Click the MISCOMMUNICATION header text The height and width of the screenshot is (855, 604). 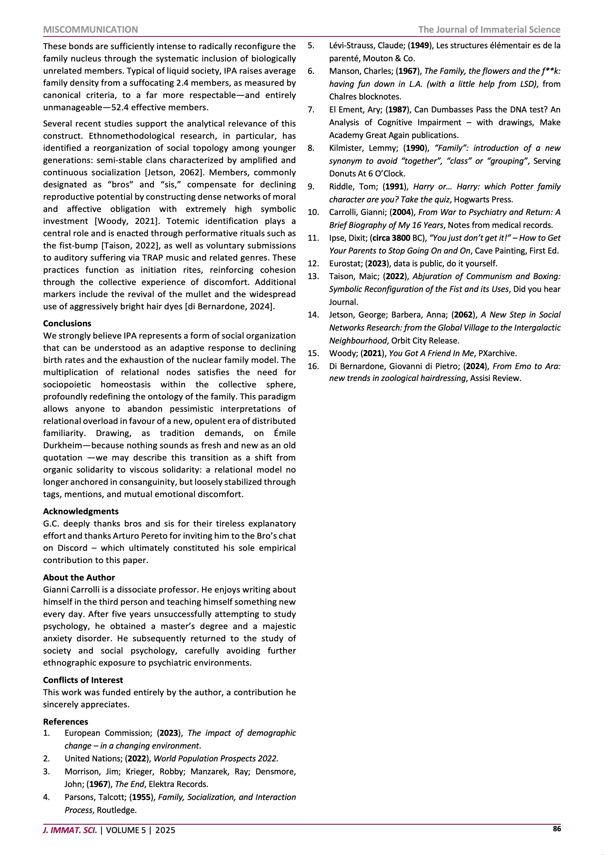click(91, 29)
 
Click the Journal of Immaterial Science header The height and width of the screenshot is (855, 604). click(489, 29)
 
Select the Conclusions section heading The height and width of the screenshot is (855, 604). click(67, 323)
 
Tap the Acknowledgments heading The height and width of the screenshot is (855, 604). click(81, 511)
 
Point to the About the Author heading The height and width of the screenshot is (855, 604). click(79, 577)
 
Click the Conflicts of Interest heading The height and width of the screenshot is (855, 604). click(83, 680)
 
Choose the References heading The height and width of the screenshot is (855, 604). click(65, 722)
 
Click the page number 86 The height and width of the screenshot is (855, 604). click(557, 829)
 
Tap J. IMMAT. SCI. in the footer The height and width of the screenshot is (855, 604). click(70, 830)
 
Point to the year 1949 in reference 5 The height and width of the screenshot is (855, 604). click(420, 46)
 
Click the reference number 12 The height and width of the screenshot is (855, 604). click(313, 263)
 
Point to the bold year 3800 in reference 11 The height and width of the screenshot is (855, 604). click(401, 238)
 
